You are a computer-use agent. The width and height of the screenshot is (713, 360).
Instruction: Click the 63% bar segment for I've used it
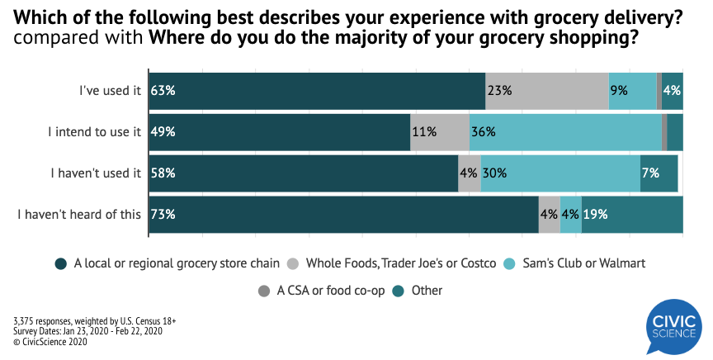coord(317,91)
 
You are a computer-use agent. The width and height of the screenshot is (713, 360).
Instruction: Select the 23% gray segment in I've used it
coord(547,91)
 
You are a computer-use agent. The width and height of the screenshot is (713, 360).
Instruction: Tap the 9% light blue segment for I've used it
coord(632,91)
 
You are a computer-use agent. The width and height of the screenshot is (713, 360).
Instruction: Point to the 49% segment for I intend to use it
coord(280,132)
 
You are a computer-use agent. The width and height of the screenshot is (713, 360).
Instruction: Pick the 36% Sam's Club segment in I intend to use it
coord(565,132)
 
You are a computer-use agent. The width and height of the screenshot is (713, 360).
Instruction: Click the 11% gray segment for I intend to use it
coord(440,132)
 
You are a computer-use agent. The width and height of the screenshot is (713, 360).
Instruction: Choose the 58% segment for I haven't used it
coord(304,173)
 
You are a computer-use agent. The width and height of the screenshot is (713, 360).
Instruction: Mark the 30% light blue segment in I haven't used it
coord(560,173)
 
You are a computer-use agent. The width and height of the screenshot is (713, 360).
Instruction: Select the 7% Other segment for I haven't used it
coord(659,173)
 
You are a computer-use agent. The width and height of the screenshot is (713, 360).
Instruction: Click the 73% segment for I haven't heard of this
coord(343,215)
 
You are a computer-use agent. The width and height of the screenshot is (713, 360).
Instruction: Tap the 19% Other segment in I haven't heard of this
coord(632,215)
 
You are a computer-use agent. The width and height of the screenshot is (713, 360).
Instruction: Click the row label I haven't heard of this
coord(80,215)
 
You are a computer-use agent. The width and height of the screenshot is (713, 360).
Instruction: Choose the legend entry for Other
coord(418,291)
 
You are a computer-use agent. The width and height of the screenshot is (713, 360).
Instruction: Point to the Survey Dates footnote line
coord(88,331)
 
